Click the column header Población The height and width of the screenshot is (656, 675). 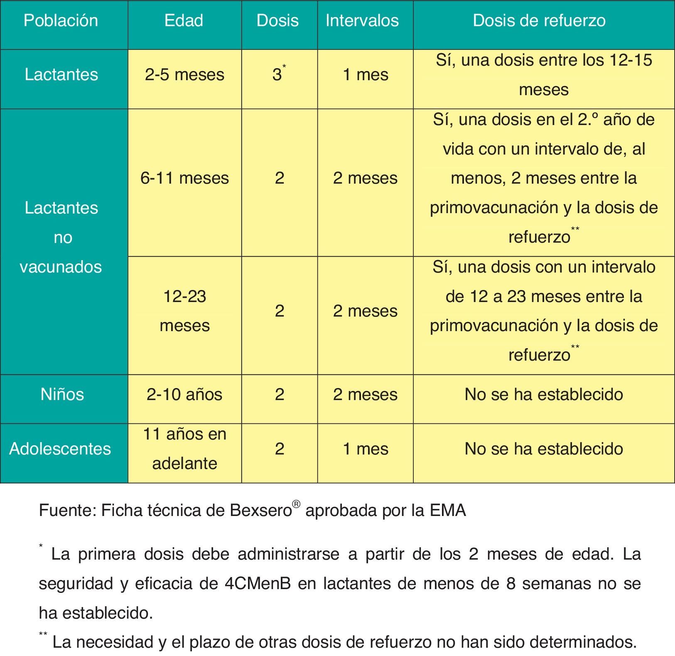pyautogui.click(x=61, y=20)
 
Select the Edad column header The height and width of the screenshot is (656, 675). pyautogui.click(x=184, y=20)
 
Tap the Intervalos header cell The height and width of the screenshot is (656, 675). pyautogui.click(x=362, y=20)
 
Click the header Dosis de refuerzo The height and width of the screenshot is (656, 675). pyautogui.click(x=539, y=20)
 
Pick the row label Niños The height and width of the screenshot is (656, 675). pyautogui.click(x=62, y=394)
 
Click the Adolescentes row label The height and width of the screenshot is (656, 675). pyautogui.click(x=60, y=449)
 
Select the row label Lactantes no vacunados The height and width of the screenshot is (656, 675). pyautogui.click(x=61, y=237)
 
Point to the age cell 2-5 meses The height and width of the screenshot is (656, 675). pyautogui.click(x=184, y=75)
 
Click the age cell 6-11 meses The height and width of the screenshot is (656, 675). pyautogui.click(x=184, y=178)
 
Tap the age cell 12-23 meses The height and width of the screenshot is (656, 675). pyautogui.click(x=184, y=311)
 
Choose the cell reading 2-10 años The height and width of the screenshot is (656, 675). pyautogui.click(x=184, y=394)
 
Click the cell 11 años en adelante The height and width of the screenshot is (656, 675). pyautogui.click(x=184, y=449)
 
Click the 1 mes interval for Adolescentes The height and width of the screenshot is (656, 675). pyautogui.click(x=366, y=449)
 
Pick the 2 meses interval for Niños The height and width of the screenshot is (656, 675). pyautogui.click(x=365, y=394)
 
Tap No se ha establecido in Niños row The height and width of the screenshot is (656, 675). pyautogui.click(x=543, y=394)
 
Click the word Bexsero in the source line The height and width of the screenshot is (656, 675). pyautogui.click(x=260, y=511)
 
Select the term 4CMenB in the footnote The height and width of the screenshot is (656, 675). pyautogui.click(x=258, y=584)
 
